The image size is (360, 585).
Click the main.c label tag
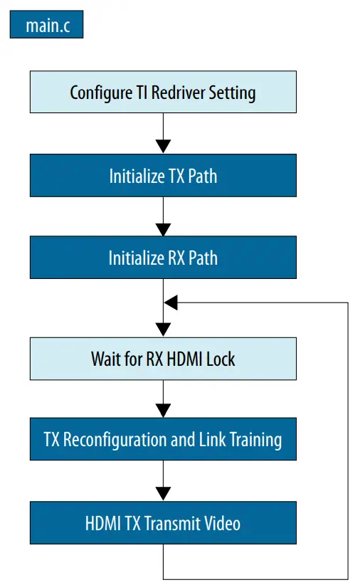click(x=46, y=26)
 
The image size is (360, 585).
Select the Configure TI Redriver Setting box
click(x=163, y=93)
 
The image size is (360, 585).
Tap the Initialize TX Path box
click(x=163, y=176)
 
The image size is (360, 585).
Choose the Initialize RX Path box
click(x=163, y=258)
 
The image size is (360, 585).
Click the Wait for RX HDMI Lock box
click(x=163, y=358)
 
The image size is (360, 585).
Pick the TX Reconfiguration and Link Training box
click(x=163, y=440)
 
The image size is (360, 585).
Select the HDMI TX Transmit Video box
click(x=163, y=523)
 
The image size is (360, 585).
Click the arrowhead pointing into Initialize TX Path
click(x=163, y=147)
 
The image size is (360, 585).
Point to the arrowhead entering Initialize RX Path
click(x=163, y=229)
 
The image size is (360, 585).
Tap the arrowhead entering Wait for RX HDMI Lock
click(x=163, y=330)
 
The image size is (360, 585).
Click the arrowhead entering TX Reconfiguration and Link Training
click(x=163, y=411)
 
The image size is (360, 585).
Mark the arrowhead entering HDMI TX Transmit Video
click(x=163, y=493)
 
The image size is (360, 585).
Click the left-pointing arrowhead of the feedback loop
click(x=171, y=302)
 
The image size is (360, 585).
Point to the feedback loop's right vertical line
click(x=348, y=441)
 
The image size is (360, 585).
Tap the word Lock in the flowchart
click(x=221, y=358)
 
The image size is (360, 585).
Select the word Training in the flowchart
click(x=255, y=440)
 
